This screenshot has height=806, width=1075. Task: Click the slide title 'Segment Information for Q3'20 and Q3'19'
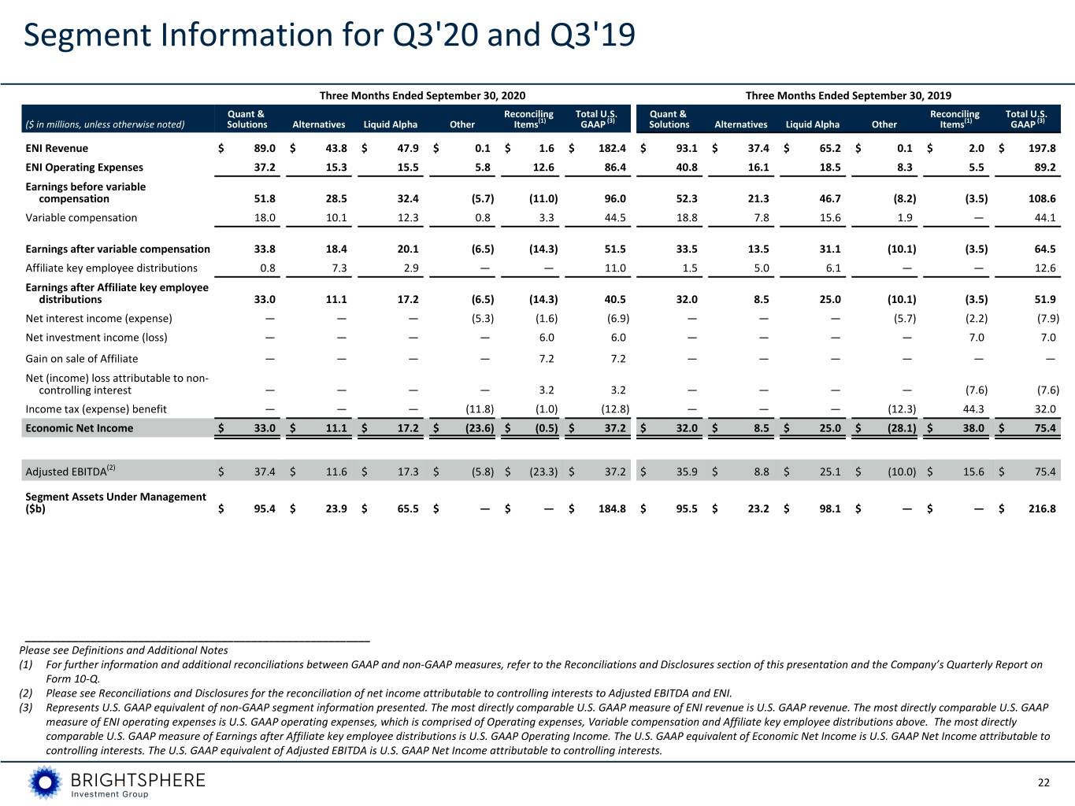click(x=329, y=35)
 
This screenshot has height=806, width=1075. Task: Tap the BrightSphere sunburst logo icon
click(x=45, y=782)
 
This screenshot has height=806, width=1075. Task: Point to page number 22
click(x=1043, y=782)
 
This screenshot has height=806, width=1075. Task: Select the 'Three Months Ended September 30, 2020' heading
click(x=422, y=95)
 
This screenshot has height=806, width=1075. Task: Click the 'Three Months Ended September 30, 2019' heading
click(x=848, y=95)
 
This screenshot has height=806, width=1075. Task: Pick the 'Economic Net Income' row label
click(x=80, y=428)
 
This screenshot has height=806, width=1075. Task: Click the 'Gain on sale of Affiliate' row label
click(x=82, y=359)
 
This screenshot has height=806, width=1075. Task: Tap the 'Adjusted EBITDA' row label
click(x=71, y=471)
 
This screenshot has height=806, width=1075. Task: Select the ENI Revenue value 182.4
click(x=612, y=148)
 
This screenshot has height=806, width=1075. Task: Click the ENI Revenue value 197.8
click(x=1042, y=148)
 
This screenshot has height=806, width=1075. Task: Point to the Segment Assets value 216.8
click(x=1042, y=509)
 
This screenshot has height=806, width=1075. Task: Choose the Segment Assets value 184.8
click(x=612, y=509)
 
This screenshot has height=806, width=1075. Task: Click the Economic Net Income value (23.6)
click(x=480, y=428)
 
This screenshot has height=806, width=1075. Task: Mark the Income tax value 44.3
click(x=976, y=409)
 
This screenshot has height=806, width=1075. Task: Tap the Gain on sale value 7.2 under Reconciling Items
click(x=546, y=359)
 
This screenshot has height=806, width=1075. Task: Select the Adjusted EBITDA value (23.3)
click(x=543, y=471)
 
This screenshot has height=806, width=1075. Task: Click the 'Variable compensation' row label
click(x=81, y=218)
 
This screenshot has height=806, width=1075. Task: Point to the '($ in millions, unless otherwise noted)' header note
click(x=105, y=125)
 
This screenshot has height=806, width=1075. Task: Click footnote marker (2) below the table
click(x=25, y=693)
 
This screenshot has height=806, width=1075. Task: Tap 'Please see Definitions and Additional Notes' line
click(x=124, y=650)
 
